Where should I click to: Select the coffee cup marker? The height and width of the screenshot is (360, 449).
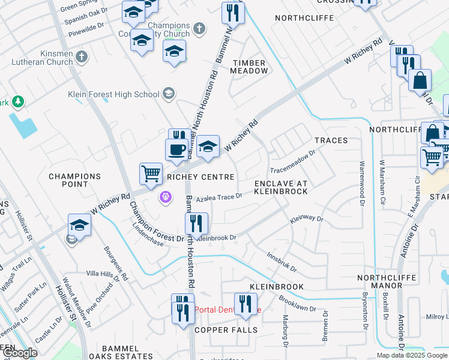tap(176, 149)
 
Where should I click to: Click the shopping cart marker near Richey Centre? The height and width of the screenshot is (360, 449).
tap(151, 173)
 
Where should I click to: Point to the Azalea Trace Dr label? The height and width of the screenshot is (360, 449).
tap(218, 196)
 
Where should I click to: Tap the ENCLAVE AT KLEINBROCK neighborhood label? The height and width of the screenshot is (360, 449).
tap(280, 187)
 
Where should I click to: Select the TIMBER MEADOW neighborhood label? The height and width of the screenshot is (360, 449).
tap(250, 67)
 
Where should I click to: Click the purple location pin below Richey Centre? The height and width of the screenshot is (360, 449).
tap(166, 196)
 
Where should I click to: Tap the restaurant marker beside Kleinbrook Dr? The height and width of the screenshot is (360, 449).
tap(196, 224)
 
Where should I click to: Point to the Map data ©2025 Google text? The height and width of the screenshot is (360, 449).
tap(412, 355)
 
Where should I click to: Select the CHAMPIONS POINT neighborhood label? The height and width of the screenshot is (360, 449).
tap(74, 181)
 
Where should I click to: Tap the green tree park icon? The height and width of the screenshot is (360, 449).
tap(19, 101)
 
